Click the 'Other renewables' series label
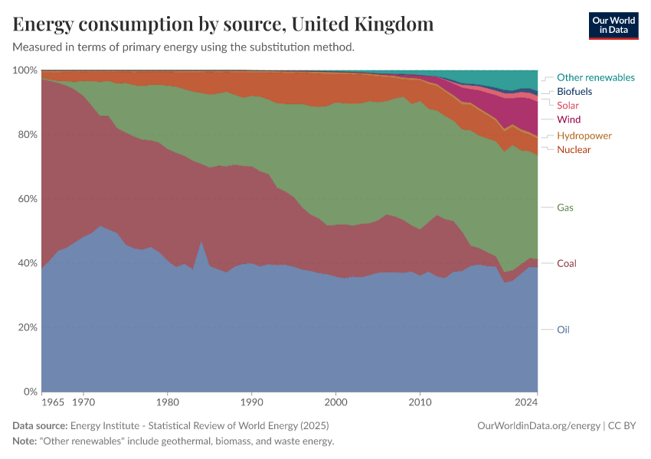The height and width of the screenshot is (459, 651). pos(595,77)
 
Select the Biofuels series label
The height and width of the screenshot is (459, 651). pos(574,92)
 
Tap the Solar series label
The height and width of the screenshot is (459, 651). pos(568,106)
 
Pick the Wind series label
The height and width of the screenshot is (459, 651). pos(568,119)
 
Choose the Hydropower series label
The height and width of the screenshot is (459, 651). pos(584,135)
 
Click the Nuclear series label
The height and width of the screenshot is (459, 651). pos(574,149)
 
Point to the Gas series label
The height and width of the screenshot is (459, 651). pos(565,207)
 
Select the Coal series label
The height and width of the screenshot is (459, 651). pos(567,263)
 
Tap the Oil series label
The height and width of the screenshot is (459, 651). pos(563,330)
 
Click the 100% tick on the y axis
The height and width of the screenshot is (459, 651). pos(25,70)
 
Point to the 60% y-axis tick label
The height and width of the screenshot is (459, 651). pos(28,199)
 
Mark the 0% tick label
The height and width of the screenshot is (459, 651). pos(30,392)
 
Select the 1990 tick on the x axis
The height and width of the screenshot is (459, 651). pos(251,401)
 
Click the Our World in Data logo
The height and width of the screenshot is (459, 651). pos(613,25)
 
